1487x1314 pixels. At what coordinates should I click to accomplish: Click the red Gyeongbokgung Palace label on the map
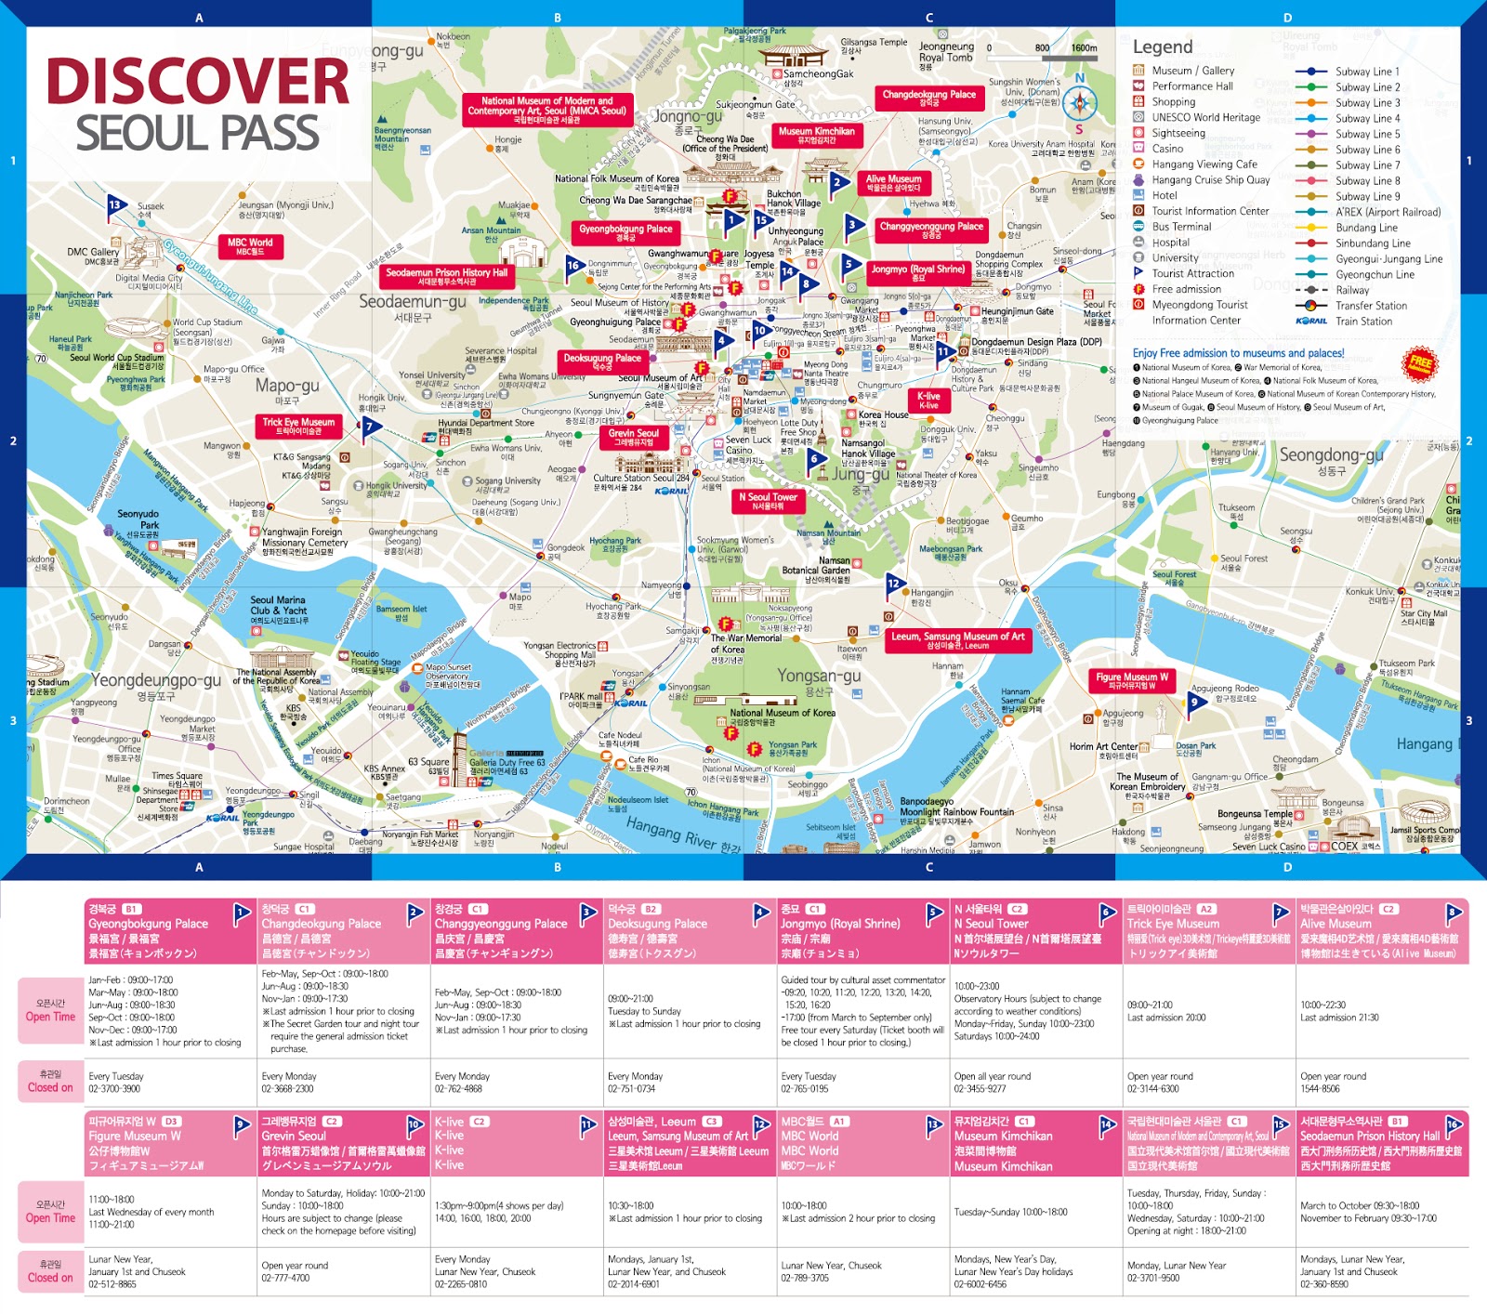click(x=625, y=232)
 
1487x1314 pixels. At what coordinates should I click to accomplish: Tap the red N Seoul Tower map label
click(x=768, y=501)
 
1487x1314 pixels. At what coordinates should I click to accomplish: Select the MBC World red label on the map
click(x=250, y=246)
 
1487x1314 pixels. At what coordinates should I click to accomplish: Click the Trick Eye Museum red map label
click(x=298, y=426)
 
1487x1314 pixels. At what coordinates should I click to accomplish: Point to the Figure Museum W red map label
click(x=1131, y=680)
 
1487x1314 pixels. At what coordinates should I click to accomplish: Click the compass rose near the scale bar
click(x=1079, y=102)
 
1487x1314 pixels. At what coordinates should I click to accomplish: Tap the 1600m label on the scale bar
click(x=1084, y=48)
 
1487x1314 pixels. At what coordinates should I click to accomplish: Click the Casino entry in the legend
click(x=1167, y=149)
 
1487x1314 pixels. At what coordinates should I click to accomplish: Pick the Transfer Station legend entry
click(x=1371, y=306)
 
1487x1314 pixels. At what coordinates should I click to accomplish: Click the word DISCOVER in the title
click(x=198, y=82)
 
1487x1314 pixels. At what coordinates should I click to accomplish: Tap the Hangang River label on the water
click(x=683, y=834)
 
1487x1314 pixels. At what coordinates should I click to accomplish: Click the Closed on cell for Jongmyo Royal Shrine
click(x=864, y=1082)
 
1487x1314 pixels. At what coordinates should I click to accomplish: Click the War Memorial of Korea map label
click(x=746, y=643)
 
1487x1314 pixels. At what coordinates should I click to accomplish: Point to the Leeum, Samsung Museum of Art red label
click(x=957, y=640)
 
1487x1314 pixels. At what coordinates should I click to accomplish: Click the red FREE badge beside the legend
click(x=1419, y=364)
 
